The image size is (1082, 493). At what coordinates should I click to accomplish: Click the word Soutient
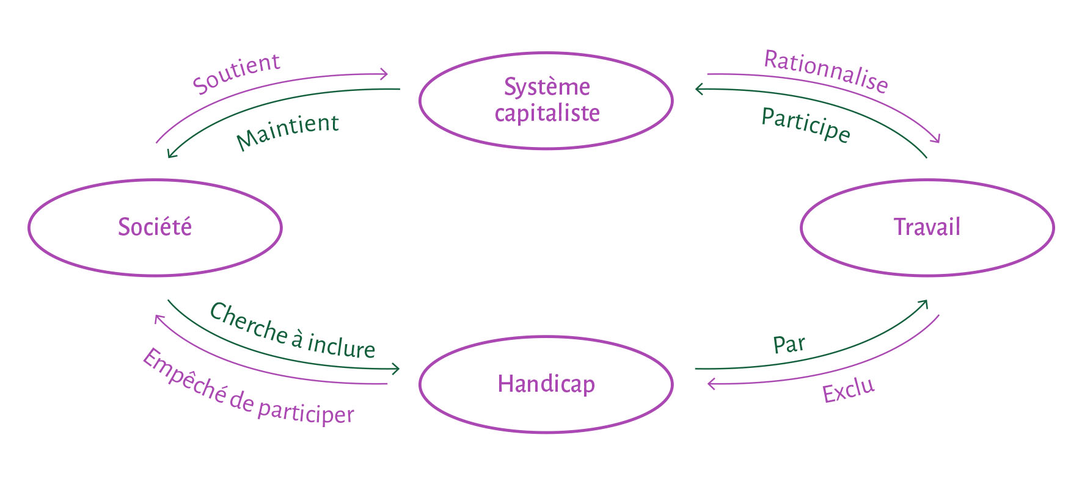pos(236,74)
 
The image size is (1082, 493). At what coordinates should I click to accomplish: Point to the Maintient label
pos(287,131)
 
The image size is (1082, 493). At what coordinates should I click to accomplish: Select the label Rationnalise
pos(826,71)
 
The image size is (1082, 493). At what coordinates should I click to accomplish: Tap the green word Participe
pos(806,125)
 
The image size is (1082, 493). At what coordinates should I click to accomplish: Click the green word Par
pos(789,345)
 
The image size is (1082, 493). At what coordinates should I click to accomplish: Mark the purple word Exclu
pos(849,390)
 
